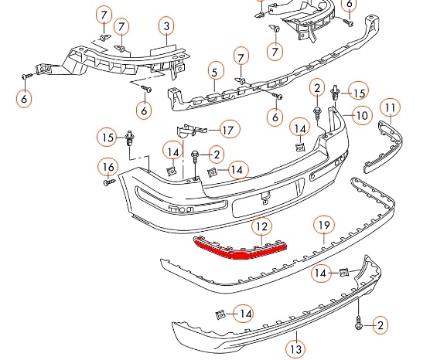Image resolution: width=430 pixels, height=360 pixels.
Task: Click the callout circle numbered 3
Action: click(x=166, y=28)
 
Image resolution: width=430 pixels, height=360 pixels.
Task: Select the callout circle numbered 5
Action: click(x=214, y=74)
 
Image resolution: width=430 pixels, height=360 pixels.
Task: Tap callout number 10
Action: click(x=361, y=117)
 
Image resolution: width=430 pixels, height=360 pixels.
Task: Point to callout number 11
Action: click(x=391, y=107)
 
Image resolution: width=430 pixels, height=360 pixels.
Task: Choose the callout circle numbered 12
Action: click(x=263, y=226)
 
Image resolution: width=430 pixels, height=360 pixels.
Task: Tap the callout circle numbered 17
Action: click(x=227, y=129)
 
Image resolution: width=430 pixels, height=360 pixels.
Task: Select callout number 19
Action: click(x=324, y=226)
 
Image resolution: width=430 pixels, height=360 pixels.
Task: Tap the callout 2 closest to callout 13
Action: click(x=380, y=326)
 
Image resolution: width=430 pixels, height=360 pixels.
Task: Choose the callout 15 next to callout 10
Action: click(x=358, y=93)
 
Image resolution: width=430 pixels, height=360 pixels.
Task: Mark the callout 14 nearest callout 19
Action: click(x=319, y=273)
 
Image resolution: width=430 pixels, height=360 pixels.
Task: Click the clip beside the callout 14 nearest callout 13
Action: click(x=220, y=314)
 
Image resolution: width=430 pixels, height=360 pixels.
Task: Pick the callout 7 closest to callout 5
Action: click(x=241, y=57)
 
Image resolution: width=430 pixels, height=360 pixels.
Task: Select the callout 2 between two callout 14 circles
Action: click(x=213, y=155)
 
